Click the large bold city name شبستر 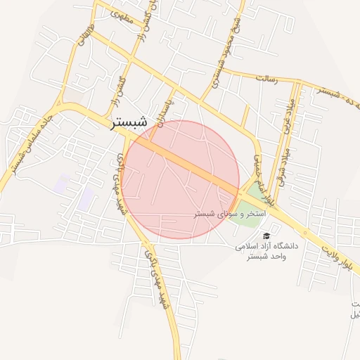[x=129, y=122]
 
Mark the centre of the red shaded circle [x=181, y=179]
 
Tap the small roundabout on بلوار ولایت [x=307, y=233]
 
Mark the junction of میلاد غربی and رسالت [x=295, y=83]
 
